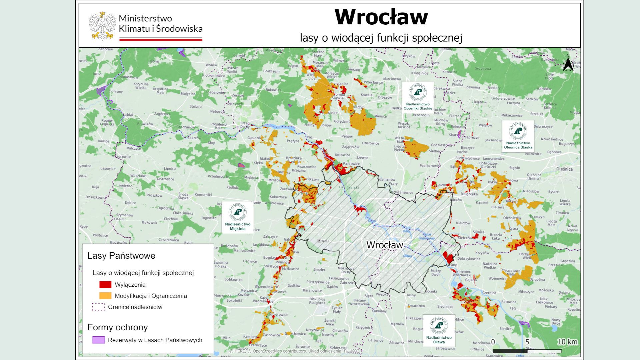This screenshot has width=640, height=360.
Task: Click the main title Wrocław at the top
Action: tap(381, 17)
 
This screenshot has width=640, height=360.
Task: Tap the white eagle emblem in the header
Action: tap(102, 26)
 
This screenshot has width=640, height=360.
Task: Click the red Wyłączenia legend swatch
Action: tap(105, 285)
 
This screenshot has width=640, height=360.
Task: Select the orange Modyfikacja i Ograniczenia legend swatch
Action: tap(105, 296)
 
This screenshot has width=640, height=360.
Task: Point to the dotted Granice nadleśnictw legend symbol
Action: tap(98, 307)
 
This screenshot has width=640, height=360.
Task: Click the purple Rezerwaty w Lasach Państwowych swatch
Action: tap(98, 340)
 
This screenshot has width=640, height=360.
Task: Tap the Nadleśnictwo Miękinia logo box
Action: tap(237, 217)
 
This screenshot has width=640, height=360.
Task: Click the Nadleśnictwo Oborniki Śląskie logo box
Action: tap(418, 97)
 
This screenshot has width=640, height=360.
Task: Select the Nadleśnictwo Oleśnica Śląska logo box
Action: tap(518, 136)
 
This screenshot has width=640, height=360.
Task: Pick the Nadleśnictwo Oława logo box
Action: tap(439, 330)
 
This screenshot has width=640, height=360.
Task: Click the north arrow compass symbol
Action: tap(568, 63)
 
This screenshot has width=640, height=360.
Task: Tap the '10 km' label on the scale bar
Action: tap(567, 342)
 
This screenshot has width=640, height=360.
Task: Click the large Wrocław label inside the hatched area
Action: tap(384, 245)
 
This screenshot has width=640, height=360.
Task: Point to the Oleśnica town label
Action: tap(564, 169)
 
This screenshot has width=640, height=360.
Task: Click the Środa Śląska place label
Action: tap(183, 196)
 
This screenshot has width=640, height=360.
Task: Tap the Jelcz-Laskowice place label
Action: tap(544, 301)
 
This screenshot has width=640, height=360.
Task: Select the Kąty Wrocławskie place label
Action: tap(263, 299)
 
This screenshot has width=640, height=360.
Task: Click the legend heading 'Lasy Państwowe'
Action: tap(121, 256)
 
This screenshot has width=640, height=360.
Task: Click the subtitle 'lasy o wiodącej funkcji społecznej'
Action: tap(381, 38)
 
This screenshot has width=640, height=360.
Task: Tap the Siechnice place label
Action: tap(445, 306)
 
